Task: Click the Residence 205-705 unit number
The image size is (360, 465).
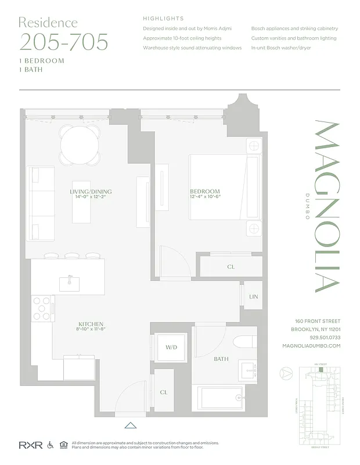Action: pyautogui.click(x=64, y=42)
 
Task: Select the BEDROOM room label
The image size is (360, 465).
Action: pyautogui.click(x=205, y=192)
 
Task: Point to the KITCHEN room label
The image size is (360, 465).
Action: pyautogui.click(x=91, y=324)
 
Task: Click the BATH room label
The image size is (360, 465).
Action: pyautogui.click(x=221, y=359)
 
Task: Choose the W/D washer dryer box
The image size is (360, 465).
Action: pyautogui.click(x=171, y=348)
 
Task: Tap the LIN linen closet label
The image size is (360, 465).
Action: pyautogui.click(x=253, y=296)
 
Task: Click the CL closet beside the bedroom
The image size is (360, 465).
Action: pyautogui.click(x=231, y=267)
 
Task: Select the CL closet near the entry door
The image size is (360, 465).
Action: pyautogui.click(x=164, y=392)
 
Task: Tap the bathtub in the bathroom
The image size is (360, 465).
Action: pyautogui.click(x=224, y=399)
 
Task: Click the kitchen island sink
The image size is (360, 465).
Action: pyautogui.click(x=69, y=282)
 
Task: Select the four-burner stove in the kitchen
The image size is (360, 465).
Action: pyautogui.click(x=42, y=308)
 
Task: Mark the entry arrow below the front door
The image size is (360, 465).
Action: pyautogui.click(x=131, y=425)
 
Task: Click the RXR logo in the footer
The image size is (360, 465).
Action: pyautogui.click(x=27, y=445)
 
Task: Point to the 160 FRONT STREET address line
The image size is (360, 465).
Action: pyautogui.click(x=318, y=321)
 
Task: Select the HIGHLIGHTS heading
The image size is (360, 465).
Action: pyautogui.click(x=163, y=19)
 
